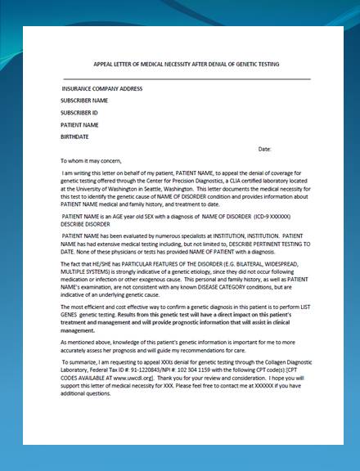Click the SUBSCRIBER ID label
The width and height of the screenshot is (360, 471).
(x=79, y=112)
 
